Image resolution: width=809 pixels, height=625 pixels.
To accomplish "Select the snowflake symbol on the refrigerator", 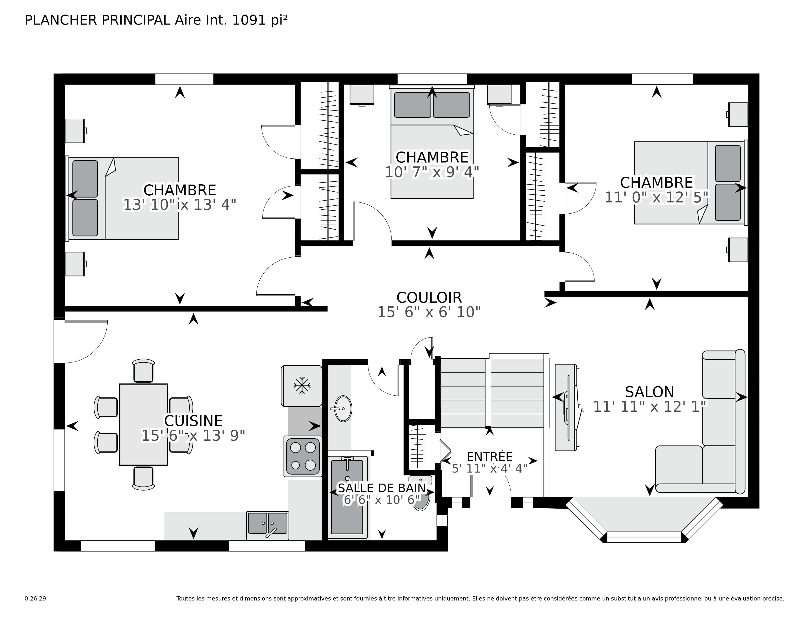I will click(x=302, y=386).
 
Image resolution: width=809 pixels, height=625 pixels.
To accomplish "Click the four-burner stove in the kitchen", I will click(x=303, y=456).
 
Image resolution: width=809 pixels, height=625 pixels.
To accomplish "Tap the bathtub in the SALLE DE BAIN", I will click(x=347, y=497).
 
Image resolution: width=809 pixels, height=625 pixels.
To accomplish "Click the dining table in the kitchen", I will click(x=143, y=424).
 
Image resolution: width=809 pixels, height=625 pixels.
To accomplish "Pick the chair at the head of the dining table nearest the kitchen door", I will click(x=143, y=371).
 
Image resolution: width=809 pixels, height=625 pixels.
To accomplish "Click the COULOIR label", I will click(x=429, y=298).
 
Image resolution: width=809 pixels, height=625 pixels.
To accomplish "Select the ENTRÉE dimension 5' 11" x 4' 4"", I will click(x=489, y=469).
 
